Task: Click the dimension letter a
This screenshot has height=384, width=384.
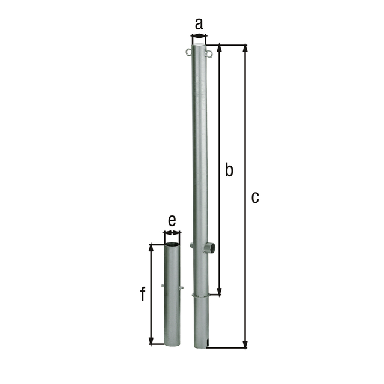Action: (199, 24)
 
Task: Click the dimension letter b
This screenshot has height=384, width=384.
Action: (229, 169)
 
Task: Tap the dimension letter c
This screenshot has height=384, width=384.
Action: (255, 198)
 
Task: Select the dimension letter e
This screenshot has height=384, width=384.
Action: (172, 221)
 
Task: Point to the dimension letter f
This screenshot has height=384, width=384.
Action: (143, 293)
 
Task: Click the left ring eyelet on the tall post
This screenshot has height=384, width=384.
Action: (188, 52)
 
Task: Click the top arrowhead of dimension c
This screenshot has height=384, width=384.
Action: (245, 49)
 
